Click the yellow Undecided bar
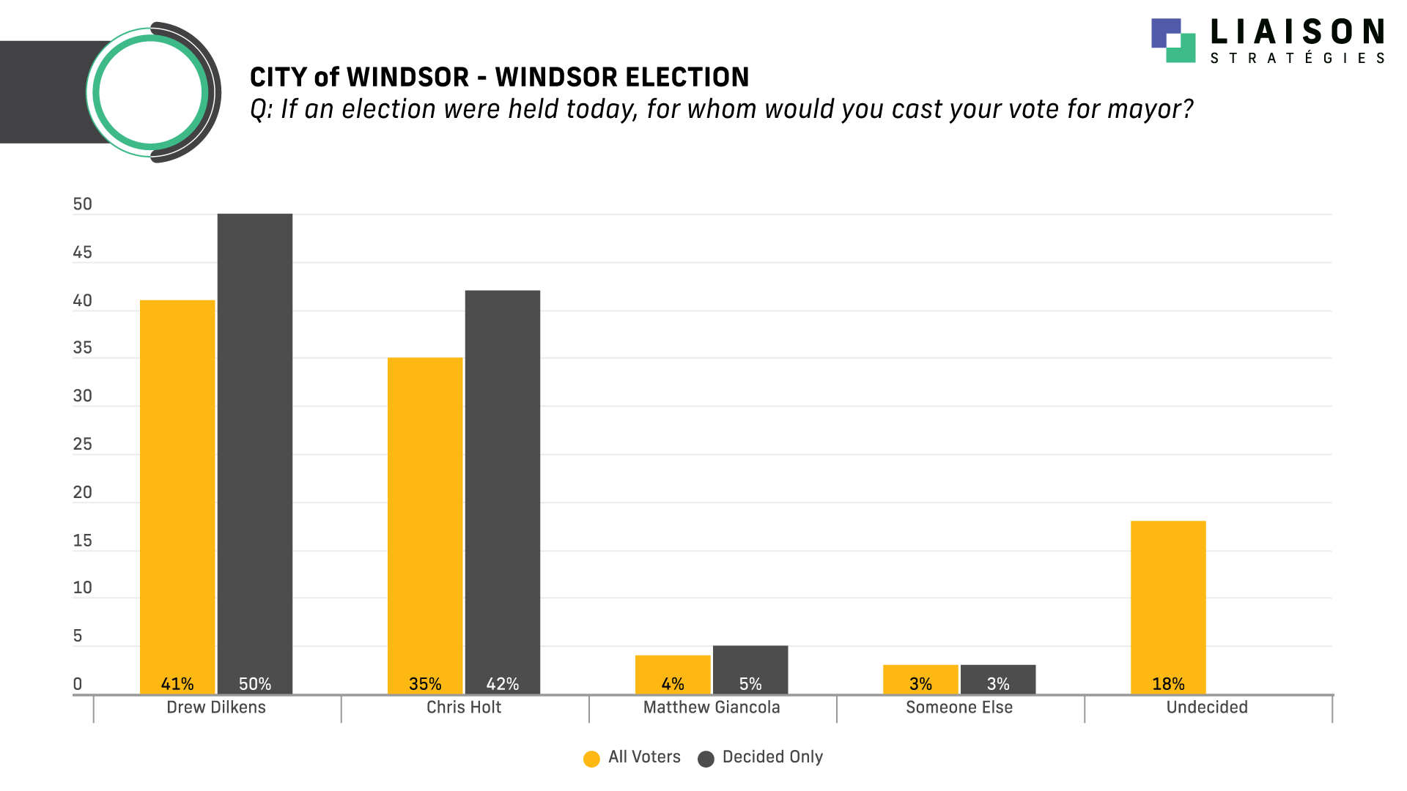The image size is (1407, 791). [x=1168, y=601]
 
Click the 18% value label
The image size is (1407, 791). [x=1168, y=684]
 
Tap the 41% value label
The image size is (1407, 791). [x=177, y=684]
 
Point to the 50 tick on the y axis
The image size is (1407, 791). [x=83, y=204]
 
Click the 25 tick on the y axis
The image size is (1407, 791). [x=83, y=445]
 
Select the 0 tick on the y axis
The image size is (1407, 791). [x=78, y=685]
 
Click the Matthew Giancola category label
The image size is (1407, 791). [x=712, y=708]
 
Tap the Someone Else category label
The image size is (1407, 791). [x=959, y=708]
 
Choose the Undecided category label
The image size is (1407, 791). [x=1207, y=708]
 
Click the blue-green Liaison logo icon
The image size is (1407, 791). [x=1173, y=40]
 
